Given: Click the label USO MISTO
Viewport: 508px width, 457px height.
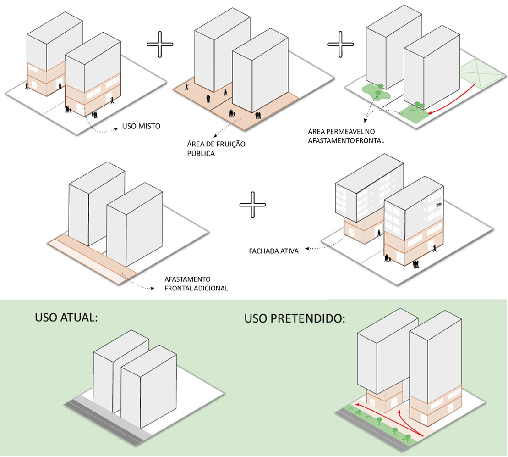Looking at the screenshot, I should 141,126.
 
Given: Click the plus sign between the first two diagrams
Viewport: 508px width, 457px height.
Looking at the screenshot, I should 160,44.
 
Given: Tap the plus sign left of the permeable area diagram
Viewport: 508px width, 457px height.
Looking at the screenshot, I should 341,44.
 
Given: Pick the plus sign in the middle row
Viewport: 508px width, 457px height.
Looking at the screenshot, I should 253,205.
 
